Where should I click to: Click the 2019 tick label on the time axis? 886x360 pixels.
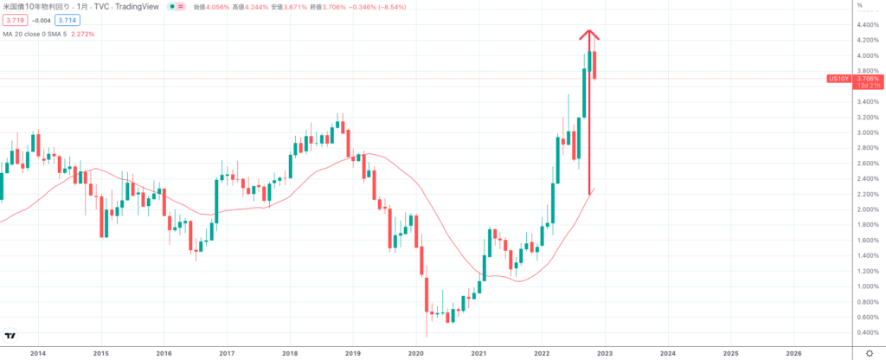click(x=352, y=353)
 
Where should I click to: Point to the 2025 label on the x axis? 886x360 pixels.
click(x=730, y=353)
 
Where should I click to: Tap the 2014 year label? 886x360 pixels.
click(x=37, y=353)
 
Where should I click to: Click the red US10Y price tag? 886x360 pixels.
click(x=837, y=79)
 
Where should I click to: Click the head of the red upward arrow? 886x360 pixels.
click(x=589, y=34)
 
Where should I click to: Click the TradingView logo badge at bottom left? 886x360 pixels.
click(x=10, y=336)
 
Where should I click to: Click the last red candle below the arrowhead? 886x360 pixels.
click(x=594, y=65)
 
